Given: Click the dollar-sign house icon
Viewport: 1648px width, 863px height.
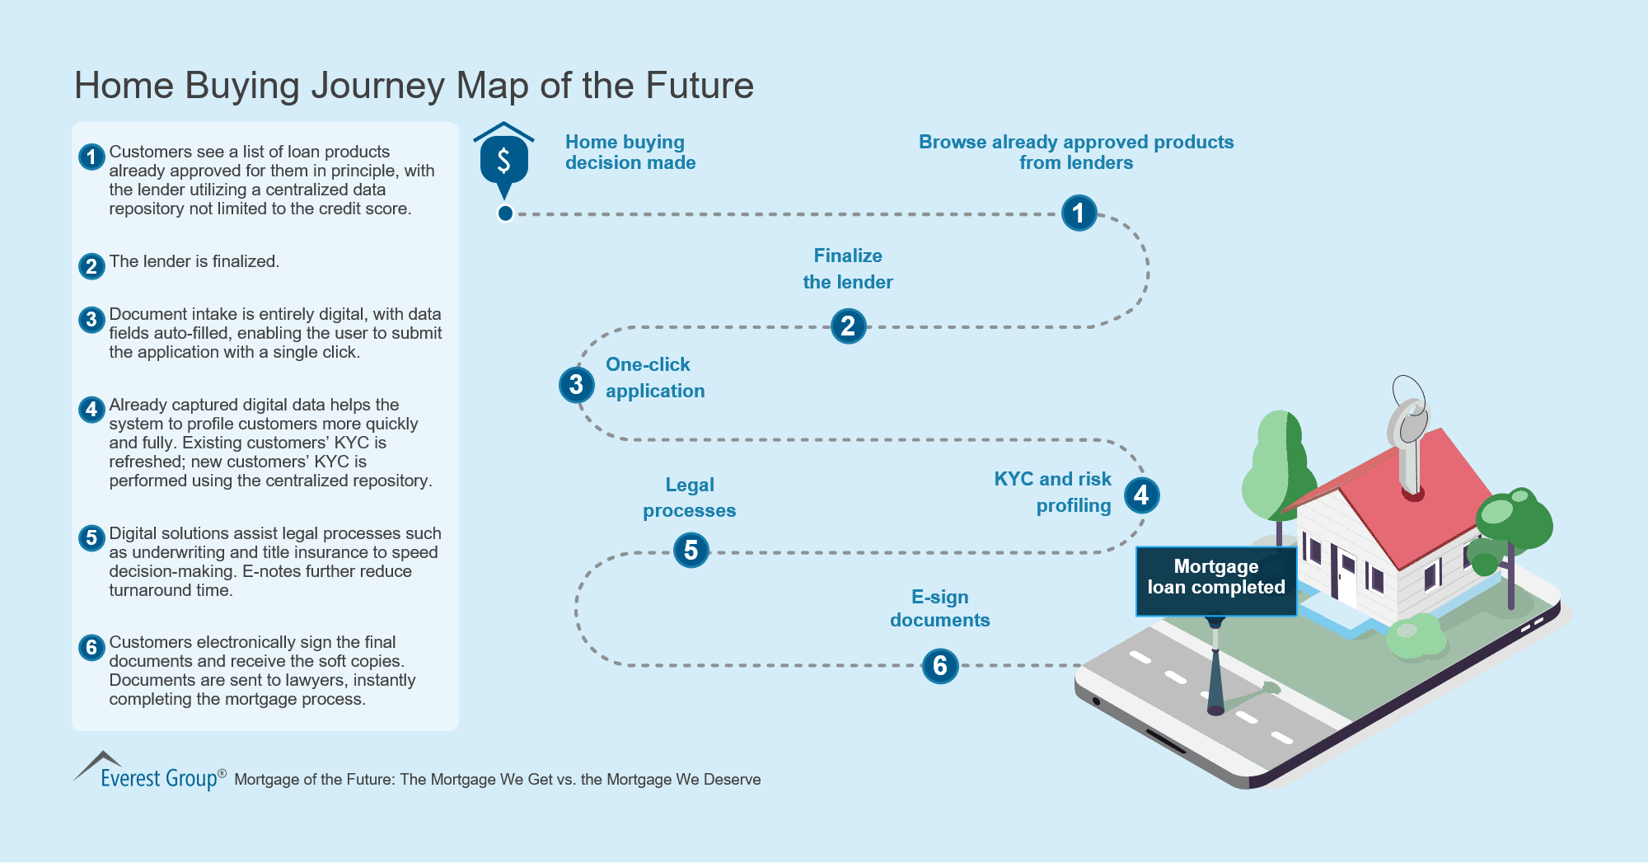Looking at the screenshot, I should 503,160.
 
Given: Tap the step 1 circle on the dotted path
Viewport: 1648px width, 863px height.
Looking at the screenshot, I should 1079,213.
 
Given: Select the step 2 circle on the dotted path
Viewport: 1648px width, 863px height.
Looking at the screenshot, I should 848,326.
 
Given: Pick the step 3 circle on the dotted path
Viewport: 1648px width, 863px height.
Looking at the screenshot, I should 576,385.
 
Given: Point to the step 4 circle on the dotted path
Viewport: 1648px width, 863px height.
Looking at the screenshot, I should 1141,495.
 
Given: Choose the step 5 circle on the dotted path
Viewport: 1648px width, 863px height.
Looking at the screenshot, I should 691,551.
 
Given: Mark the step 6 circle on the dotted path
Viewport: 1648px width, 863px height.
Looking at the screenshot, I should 940,666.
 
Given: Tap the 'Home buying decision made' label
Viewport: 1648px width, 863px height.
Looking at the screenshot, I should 630,152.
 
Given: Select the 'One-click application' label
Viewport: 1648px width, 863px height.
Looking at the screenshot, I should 655,378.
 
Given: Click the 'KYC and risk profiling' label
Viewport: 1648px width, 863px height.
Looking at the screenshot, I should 1052,492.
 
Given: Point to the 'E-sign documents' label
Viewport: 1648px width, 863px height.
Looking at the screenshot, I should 939,608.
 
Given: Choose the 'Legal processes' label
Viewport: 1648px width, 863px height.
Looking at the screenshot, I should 690,498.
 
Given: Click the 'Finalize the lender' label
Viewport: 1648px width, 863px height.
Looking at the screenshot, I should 848,269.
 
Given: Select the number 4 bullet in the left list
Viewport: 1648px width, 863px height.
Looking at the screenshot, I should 91,409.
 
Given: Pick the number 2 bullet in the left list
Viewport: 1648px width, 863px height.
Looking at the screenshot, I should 91,266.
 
